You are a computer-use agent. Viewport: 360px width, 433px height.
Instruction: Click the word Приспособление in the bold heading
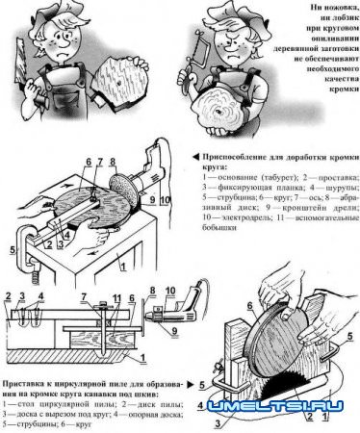tap(231, 154)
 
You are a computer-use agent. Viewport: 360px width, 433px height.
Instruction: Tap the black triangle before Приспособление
tap(197, 154)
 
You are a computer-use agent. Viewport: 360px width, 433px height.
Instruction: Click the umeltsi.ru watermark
tap(288, 407)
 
